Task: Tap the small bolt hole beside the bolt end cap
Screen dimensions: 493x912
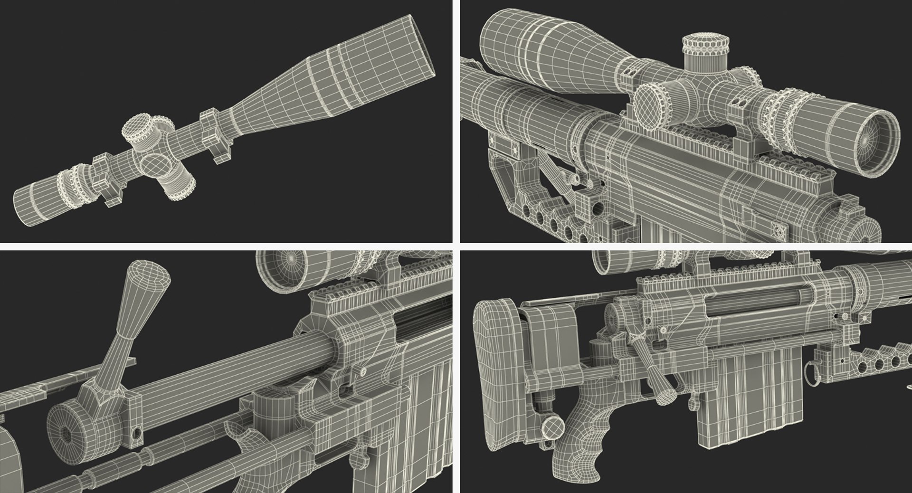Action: [x=137, y=433]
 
